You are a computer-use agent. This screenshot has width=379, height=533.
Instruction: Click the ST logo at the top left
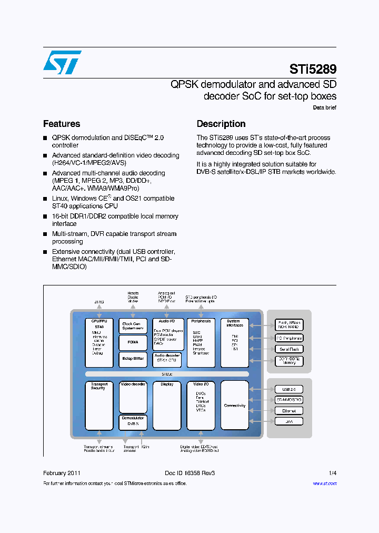pyautogui.click(x=62, y=62)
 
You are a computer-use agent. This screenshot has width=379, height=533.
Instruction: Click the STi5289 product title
pyautogui.click(x=313, y=69)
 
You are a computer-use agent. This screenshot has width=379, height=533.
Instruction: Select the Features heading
pyautogui.click(x=62, y=124)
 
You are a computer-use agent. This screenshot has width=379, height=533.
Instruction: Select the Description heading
pyautogui.click(x=221, y=124)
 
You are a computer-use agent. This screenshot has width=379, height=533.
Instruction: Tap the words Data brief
pyautogui.click(x=324, y=107)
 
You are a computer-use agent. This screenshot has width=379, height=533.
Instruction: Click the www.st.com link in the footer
pyautogui.click(x=324, y=483)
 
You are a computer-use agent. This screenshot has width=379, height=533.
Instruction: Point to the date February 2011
pyautogui.click(x=62, y=473)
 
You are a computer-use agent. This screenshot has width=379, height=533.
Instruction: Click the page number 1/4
pyautogui.click(x=332, y=473)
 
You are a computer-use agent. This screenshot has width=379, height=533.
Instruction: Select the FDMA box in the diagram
pyautogui.click(x=133, y=342)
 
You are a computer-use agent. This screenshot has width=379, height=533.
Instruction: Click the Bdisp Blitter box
pyautogui.click(x=133, y=359)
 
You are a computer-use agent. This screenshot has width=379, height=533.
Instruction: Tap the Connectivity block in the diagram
pyautogui.click(x=235, y=406)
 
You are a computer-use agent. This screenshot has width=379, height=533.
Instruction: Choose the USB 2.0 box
pyautogui.click(x=289, y=389)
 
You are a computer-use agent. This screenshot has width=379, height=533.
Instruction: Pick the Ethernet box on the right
pyautogui.click(x=289, y=411)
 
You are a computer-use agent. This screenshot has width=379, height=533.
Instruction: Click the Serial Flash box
pyautogui.click(x=289, y=349)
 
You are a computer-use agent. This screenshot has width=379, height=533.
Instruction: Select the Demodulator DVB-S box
pyautogui.click(x=133, y=421)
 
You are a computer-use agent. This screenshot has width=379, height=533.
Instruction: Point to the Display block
pyautogui.click(x=167, y=406)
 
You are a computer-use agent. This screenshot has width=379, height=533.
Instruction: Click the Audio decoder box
pyautogui.click(x=167, y=359)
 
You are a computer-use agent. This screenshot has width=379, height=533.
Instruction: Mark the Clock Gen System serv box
pyautogui.click(x=133, y=326)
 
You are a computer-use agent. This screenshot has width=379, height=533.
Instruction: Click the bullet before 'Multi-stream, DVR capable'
pyautogui.click(x=45, y=234)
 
